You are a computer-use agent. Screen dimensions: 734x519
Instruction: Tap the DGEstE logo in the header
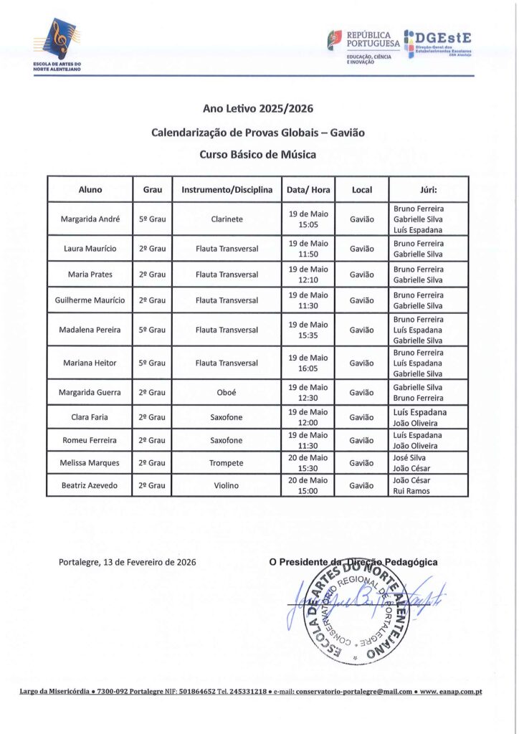[x=439, y=42]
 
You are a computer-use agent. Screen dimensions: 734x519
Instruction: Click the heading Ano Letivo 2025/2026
[x=258, y=109]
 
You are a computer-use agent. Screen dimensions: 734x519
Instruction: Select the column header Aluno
[x=90, y=190]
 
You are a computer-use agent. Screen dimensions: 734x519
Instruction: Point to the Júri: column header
[x=429, y=190]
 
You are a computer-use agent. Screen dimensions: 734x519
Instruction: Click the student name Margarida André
[x=90, y=219]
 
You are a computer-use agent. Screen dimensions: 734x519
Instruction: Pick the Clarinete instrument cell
[x=227, y=219]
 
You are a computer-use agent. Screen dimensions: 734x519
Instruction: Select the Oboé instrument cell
[x=227, y=393]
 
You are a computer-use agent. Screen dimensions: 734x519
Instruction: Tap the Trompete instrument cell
[x=227, y=463]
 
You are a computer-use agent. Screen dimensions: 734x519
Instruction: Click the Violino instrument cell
[x=227, y=486]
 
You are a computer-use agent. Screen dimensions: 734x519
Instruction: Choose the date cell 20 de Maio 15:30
[x=308, y=463]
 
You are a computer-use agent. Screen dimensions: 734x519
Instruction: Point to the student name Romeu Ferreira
[x=90, y=440]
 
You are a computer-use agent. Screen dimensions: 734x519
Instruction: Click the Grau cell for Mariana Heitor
[x=152, y=363]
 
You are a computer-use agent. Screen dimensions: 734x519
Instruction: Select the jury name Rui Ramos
[x=411, y=491]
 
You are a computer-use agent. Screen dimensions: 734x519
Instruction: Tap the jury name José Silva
[x=411, y=457]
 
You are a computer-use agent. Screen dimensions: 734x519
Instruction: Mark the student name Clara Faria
[x=90, y=417]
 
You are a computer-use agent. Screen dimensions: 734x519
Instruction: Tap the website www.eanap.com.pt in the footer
[x=451, y=692]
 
